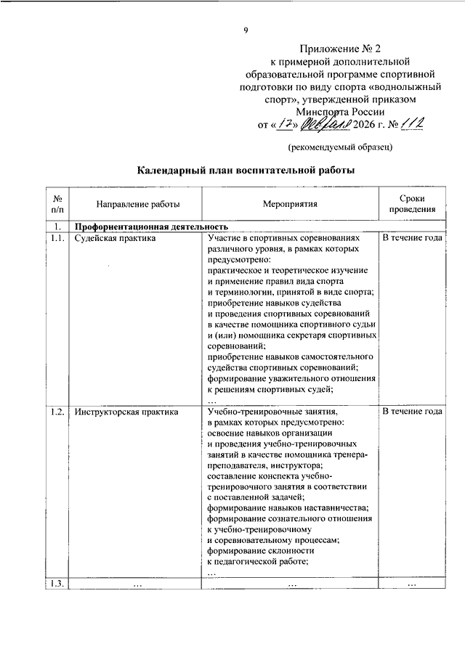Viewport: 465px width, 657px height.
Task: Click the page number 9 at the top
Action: pos(246,30)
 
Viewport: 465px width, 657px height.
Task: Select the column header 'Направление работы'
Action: pos(126,205)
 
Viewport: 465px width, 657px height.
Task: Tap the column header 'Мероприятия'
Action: pos(290,205)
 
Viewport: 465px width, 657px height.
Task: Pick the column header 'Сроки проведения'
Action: pos(412,204)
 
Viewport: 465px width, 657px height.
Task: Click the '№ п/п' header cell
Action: pos(57,204)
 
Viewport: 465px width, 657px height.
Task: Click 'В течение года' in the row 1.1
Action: pos(412,238)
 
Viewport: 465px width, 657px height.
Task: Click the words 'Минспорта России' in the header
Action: pos(340,112)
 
